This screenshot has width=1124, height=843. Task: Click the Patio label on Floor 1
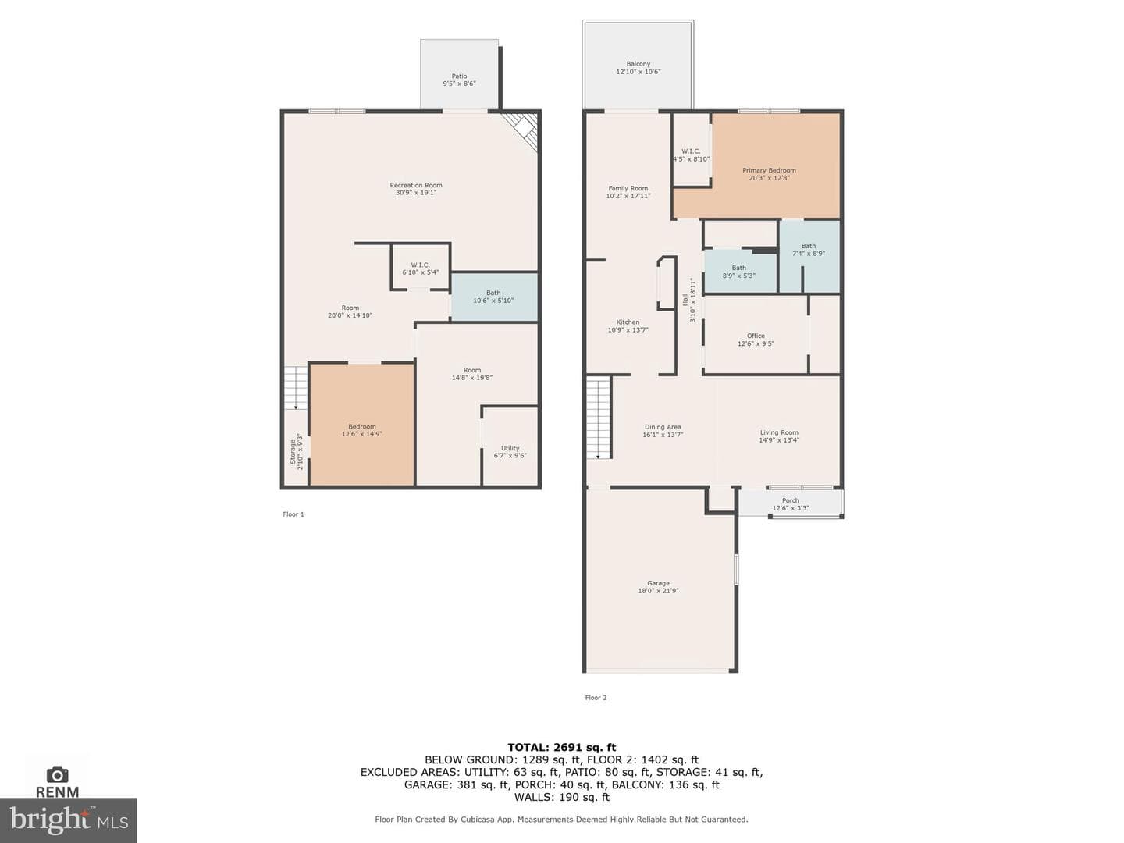pyautogui.click(x=459, y=76)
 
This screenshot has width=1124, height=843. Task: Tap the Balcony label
pyautogui.click(x=638, y=64)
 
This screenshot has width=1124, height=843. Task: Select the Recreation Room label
pyautogui.click(x=416, y=185)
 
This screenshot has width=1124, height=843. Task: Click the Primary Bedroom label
pyautogui.click(x=769, y=170)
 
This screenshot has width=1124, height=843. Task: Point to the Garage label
pyautogui.click(x=658, y=583)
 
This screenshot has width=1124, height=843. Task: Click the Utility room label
pyautogui.click(x=510, y=448)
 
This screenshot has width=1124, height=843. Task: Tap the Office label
pyautogui.click(x=756, y=336)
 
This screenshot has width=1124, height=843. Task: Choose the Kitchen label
pyautogui.click(x=628, y=322)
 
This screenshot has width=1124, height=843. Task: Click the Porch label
pyautogui.click(x=790, y=500)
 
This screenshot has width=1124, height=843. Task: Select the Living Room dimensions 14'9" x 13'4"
pyautogui.click(x=779, y=439)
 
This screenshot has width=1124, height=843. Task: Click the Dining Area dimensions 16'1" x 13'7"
pyautogui.click(x=663, y=435)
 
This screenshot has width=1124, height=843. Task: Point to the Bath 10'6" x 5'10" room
pyautogui.click(x=494, y=297)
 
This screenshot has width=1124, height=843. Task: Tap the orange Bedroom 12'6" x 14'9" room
pyautogui.click(x=362, y=424)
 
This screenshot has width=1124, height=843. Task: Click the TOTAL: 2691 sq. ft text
pyautogui.click(x=562, y=747)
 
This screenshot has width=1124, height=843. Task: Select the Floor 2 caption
pyautogui.click(x=596, y=698)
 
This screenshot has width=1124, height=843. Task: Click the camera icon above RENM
pyautogui.click(x=57, y=774)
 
